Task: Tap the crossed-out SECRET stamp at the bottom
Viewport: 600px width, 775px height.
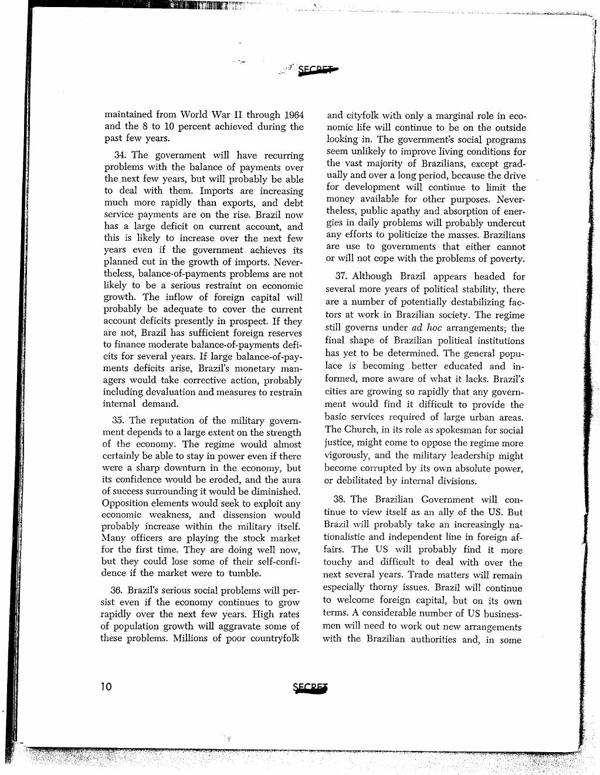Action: click(x=310, y=688)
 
